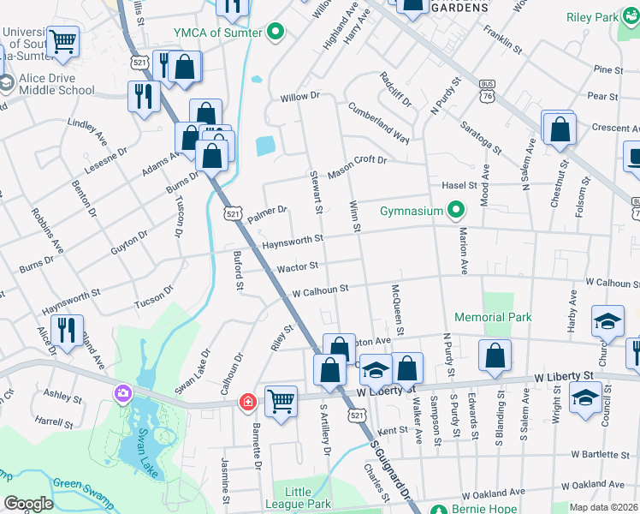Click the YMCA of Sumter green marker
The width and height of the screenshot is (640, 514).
(x=276, y=33)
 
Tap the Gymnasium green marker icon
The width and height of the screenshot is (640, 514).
(x=456, y=211)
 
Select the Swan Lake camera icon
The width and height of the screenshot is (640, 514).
(x=123, y=393)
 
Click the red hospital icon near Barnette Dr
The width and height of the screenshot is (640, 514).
(x=248, y=401)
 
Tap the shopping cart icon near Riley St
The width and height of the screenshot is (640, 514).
(x=281, y=401)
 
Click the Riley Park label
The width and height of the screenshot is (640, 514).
(x=592, y=17)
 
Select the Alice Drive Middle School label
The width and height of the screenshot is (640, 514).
(x=51, y=83)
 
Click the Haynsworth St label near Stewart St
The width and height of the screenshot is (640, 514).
(x=293, y=241)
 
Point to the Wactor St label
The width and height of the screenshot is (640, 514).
(x=297, y=268)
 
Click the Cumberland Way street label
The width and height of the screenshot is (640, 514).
(x=377, y=122)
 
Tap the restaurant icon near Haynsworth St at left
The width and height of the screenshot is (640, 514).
(x=65, y=329)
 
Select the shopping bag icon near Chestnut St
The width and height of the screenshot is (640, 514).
(x=560, y=129)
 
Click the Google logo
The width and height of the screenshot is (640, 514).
(x=29, y=504)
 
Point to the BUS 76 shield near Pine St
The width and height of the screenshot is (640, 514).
(x=487, y=90)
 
